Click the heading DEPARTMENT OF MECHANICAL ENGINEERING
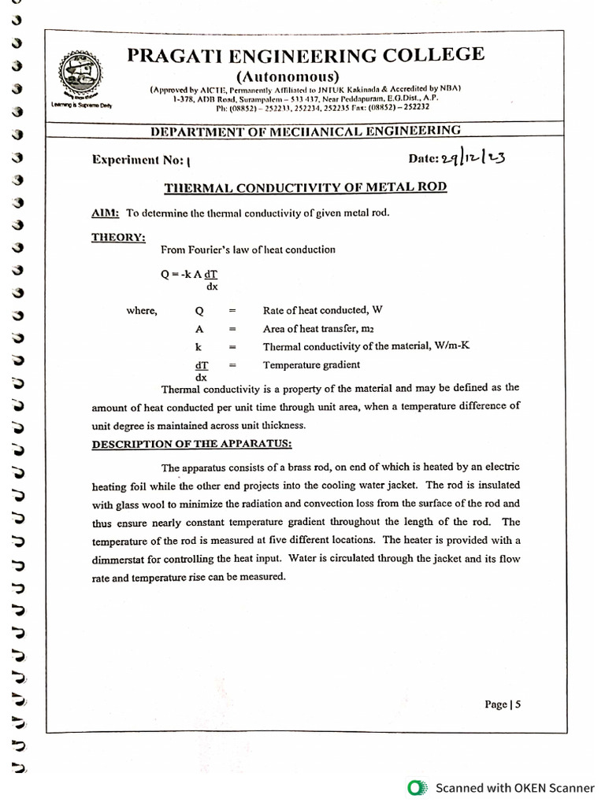[306, 131]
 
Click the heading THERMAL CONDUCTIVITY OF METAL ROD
[305, 187]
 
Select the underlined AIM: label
[106, 213]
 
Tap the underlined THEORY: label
[118, 237]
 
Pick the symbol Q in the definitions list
[199, 311]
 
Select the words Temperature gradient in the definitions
[311, 364]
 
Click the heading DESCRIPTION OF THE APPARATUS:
[191, 444]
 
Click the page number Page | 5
[503, 704]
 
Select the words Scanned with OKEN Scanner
[515, 787]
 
